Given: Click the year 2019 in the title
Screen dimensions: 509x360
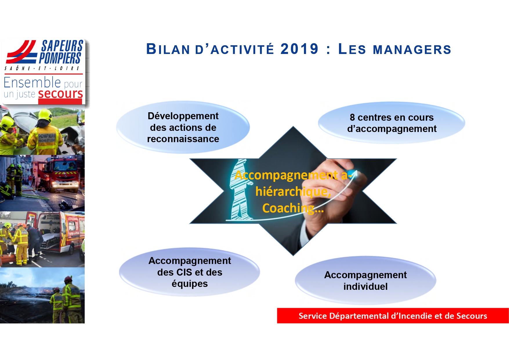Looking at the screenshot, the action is [299, 49].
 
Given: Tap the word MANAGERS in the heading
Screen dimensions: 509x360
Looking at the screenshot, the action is [412, 50].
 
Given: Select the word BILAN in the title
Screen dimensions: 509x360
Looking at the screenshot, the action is [168, 49].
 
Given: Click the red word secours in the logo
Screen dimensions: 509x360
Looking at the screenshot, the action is [61, 94].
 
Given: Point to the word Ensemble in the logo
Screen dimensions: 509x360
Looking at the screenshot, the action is [32, 82].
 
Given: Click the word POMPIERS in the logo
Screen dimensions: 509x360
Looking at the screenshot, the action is [60, 58].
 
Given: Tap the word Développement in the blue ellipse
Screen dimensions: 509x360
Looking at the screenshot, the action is [183, 116].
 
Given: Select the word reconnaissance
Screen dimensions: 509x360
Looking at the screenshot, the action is [183, 139].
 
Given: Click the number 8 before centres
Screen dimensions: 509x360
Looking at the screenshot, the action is [352, 117].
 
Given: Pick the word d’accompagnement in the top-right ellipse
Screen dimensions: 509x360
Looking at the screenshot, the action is [392, 129].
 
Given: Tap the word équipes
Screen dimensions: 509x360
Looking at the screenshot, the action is [190, 284].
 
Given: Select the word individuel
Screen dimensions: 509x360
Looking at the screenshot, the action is [365, 286].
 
